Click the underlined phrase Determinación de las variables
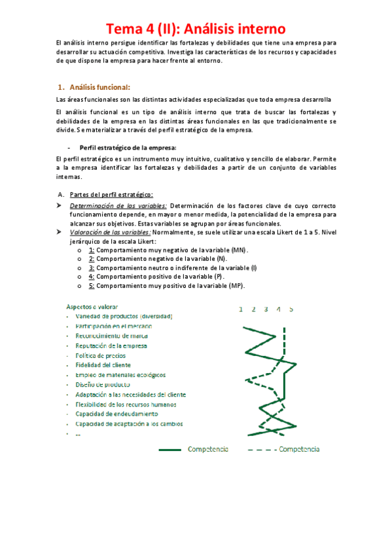tap(118, 206)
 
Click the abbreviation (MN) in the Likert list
tap(240, 250)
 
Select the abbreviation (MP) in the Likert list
tap(236, 286)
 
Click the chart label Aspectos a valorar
tap(92, 306)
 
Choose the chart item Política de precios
tap(101, 355)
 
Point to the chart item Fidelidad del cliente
tap(103, 365)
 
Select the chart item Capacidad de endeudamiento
tap(116, 414)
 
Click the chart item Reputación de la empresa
tap(111, 346)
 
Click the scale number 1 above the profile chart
tap(241, 309)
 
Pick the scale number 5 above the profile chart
tap(291, 309)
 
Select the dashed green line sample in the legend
tap(262, 450)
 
